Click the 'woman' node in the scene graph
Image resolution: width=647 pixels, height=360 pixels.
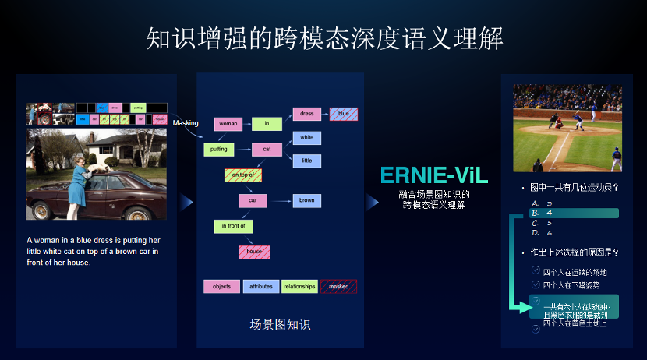(228, 124)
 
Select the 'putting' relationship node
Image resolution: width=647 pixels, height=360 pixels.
(218, 149)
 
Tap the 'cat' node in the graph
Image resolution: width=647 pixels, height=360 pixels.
(267, 149)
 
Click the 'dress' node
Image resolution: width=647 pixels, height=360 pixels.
(307, 114)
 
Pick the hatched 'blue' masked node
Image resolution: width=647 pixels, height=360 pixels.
(343, 114)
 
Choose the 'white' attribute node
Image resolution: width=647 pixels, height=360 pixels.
(307, 138)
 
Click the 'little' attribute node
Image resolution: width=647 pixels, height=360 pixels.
(307, 161)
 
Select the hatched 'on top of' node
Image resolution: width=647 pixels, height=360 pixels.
(242, 175)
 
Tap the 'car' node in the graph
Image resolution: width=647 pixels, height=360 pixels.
(253, 200)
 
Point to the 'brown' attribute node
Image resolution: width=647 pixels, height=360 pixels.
(307, 200)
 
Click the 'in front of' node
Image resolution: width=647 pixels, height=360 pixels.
(233, 226)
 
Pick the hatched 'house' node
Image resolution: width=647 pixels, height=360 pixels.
(254, 252)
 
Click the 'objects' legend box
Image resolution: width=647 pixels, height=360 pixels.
(221, 287)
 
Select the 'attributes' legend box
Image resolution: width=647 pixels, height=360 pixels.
(260, 287)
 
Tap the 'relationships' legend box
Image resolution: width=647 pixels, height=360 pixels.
(299, 287)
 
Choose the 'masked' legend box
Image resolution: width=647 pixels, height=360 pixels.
(338, 287)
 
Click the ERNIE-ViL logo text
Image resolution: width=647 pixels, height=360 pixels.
(433, 176)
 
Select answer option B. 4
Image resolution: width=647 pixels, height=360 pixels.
(574, 213)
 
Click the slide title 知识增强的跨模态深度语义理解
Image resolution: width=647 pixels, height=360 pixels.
(324, 38)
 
